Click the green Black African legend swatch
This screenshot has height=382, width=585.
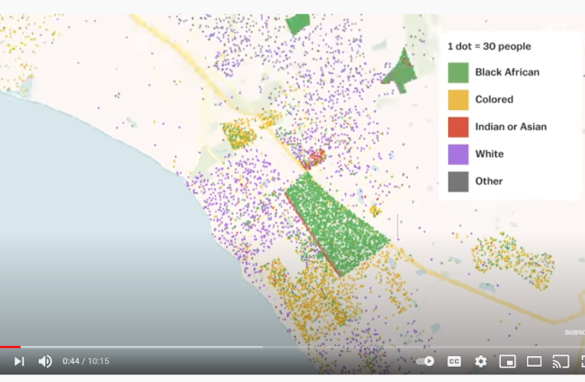coord(458,73)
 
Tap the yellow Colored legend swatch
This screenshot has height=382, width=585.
coord(458,99)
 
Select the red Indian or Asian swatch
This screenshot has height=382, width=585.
coord(458,127)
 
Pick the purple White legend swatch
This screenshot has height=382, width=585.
coord(458,154)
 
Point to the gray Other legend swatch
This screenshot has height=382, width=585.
coord(458,182)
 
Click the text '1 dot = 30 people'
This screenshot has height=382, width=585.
coord(489,47)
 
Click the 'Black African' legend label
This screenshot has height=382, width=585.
coord(507,73)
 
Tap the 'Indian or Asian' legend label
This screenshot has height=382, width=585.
coord(511,127)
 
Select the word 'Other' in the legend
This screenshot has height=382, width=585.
coord(489,182)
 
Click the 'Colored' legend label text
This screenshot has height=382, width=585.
coord(494,99)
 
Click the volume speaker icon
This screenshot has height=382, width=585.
coord(45,361)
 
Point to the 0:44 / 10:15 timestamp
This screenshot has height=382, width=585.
coord(86,361)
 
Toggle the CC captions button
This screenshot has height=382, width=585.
coord(454,361)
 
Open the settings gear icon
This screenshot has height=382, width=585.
coord(480,361)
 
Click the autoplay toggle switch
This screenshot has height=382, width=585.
coord(426,361)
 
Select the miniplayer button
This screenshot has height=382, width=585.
coord(507,361)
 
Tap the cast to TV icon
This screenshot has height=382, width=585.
coord(561,361)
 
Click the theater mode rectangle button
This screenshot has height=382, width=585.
coord(534,361)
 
